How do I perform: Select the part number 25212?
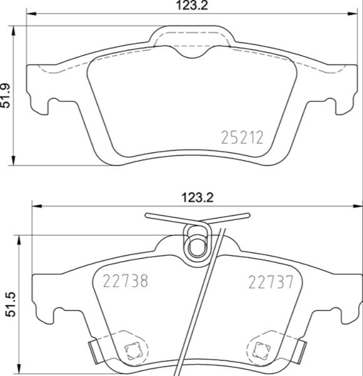(x=242, y=137)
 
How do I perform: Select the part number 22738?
(x=125, y=281)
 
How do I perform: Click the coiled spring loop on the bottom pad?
(x=196, y=246)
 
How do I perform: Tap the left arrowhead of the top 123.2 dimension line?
(x=29, y=15)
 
